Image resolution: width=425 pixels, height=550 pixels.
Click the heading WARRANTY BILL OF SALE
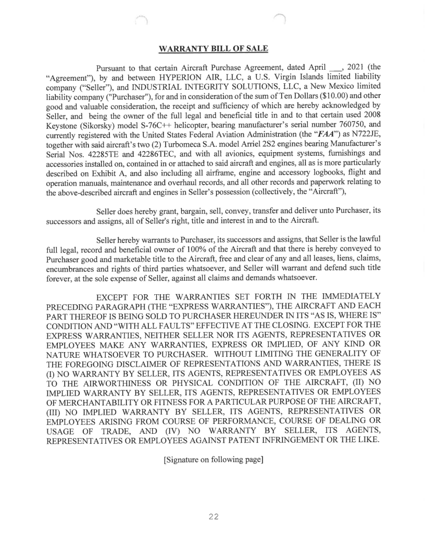(213, 49)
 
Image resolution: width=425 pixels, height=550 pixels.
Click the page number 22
(213, 517)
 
